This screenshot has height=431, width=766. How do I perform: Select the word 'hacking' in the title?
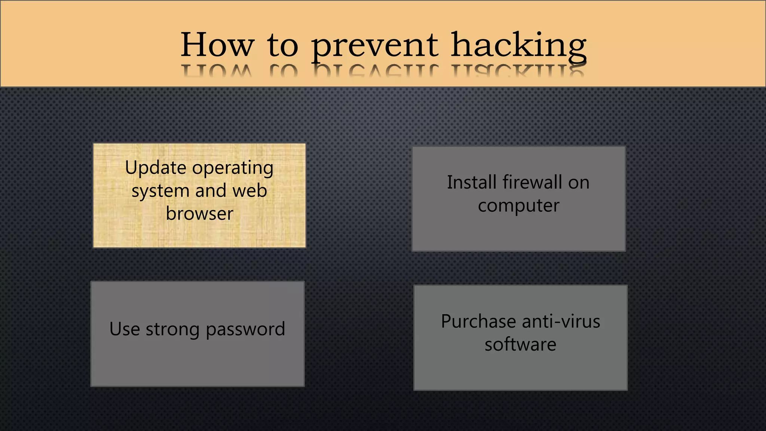(518, 46)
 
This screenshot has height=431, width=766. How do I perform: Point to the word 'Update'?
(155, 168)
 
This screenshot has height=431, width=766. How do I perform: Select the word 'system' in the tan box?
(160, 192)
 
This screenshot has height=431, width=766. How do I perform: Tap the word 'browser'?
(199, 214)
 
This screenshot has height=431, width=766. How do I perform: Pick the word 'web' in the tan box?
(249, 191)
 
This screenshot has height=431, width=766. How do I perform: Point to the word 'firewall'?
(532, 183)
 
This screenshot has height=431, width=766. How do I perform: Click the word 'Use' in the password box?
(125, 329)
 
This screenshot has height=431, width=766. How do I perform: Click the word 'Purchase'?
(478, 321)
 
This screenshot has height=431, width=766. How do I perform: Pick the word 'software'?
(520, 345)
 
